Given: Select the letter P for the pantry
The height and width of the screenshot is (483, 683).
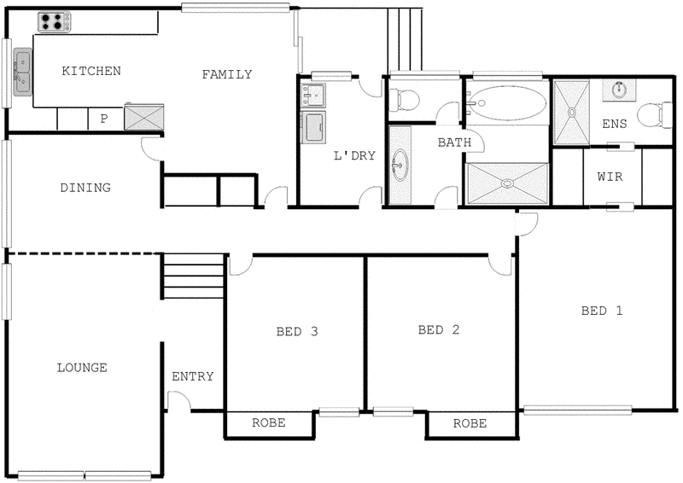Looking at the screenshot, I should click(x=103, y=119).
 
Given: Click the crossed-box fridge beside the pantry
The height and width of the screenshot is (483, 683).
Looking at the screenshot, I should click(x=139, y=116).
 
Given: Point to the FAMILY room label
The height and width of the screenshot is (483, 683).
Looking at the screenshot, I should click(x=226, y=74).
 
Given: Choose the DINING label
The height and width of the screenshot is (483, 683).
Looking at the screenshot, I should click(x=85, y=188).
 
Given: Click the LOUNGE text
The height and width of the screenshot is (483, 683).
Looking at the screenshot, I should click(x=82, y=368).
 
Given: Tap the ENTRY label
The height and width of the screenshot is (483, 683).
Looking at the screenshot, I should click(x=192, y=376).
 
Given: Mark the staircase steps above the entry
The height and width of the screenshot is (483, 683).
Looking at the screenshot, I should click(x=193, y=276).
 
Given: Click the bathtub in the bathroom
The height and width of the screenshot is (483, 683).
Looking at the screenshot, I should click(x=507, y=104).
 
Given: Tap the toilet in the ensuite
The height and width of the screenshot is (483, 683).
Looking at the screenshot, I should click(x=657, y=113).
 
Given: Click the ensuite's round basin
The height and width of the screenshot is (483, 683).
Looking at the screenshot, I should click(x=620, y=90).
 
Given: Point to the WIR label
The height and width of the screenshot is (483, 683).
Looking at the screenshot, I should click(x=610, y=177).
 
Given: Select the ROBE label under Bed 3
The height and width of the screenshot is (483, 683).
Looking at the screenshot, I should click(x=268, y=423).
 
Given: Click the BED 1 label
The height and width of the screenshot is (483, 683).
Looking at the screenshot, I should click(x=602, y=311).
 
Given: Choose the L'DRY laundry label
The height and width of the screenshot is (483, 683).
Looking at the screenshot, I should click(x=354, y=155).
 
